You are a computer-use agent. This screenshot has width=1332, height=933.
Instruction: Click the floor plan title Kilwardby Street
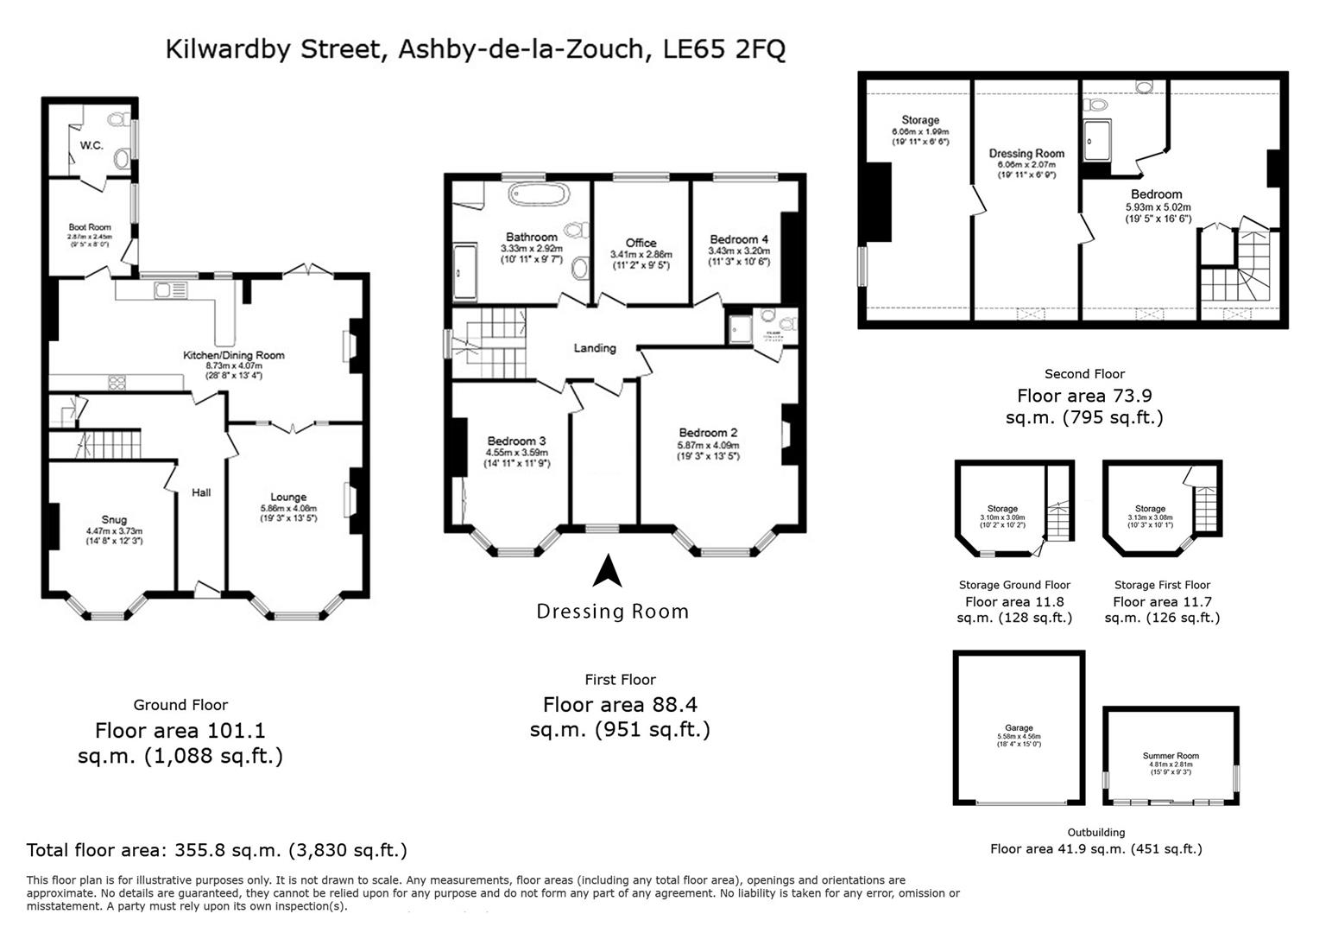point(475,49)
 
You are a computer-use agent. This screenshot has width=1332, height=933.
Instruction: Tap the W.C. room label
point(92,145)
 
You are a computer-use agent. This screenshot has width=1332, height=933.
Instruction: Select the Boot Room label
point(90,227)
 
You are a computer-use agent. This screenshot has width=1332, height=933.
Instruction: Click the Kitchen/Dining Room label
point(233,355)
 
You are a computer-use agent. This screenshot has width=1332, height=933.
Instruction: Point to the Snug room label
point(113,520)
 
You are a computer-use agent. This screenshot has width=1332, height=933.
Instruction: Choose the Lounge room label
point(288,497)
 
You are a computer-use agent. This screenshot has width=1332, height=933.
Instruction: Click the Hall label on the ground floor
point(201,492)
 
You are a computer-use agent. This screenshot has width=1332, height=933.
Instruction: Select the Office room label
point(641,243)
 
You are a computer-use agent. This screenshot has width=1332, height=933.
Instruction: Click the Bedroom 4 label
point(739,239)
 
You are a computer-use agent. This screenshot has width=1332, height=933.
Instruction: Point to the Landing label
point(595,348)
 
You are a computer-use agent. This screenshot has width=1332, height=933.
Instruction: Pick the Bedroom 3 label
point(516,441)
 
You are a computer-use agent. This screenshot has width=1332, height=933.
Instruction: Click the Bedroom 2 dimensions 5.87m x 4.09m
point(708,446)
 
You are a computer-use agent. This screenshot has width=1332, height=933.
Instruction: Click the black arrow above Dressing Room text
point(609,571)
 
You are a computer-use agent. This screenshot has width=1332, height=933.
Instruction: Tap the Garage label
point(1019,728)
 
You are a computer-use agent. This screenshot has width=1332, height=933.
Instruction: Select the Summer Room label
point(1171,756)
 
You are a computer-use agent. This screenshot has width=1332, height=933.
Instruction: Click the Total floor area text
point(217,850)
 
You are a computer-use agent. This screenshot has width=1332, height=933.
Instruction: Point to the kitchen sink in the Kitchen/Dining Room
point(163,291)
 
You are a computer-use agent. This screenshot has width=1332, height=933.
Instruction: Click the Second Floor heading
point(1084,374)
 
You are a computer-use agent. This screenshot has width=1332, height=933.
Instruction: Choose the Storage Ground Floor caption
point(1014,585)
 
